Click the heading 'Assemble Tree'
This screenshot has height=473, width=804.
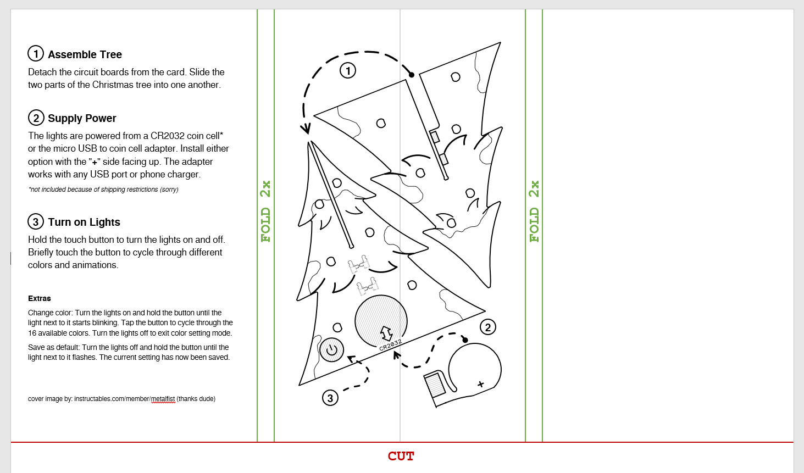85,54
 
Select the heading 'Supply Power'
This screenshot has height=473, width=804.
82,119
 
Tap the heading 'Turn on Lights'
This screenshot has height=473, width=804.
84,222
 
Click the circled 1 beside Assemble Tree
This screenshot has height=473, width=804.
36,54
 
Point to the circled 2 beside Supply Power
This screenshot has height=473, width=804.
36,118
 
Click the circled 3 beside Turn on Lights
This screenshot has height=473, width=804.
36,221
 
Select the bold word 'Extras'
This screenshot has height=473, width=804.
40,299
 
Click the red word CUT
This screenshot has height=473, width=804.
401,456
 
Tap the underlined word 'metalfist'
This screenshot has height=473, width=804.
163,399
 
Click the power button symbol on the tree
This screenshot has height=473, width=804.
331,349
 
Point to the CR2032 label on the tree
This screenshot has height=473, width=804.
390,345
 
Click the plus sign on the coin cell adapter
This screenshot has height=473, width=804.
481,385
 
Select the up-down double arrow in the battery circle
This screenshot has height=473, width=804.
386,333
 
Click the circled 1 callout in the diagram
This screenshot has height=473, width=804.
348,70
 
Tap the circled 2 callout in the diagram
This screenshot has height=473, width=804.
488,327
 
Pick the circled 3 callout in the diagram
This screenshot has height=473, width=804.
330,398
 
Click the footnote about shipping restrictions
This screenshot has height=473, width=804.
103,190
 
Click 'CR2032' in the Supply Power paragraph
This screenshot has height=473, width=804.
167,136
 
